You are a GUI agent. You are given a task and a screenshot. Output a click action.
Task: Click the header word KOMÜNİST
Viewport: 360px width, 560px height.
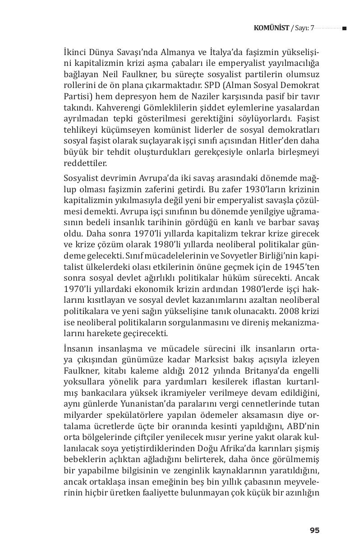tap(272, 28)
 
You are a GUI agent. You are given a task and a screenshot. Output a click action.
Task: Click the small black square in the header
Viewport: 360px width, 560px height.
tap(344, 28)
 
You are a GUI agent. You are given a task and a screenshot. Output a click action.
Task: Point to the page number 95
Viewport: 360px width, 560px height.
tap(314, 530)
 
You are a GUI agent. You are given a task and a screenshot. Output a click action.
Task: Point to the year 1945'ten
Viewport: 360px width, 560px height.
tap(301, 267)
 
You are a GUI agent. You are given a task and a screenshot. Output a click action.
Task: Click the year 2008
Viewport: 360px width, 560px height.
tap(290, 311)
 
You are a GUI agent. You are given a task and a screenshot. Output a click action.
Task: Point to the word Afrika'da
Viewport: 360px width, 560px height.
tap(249, 449)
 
